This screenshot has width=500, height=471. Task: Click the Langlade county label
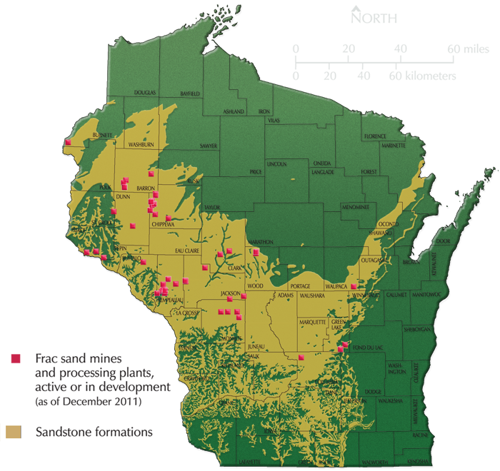point(322,172)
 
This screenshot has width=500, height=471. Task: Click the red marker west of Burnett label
point(68,143)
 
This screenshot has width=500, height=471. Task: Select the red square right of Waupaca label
point(354,285)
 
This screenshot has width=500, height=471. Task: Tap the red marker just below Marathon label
point(255,251)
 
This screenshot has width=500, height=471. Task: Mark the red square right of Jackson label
point(244,295)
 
